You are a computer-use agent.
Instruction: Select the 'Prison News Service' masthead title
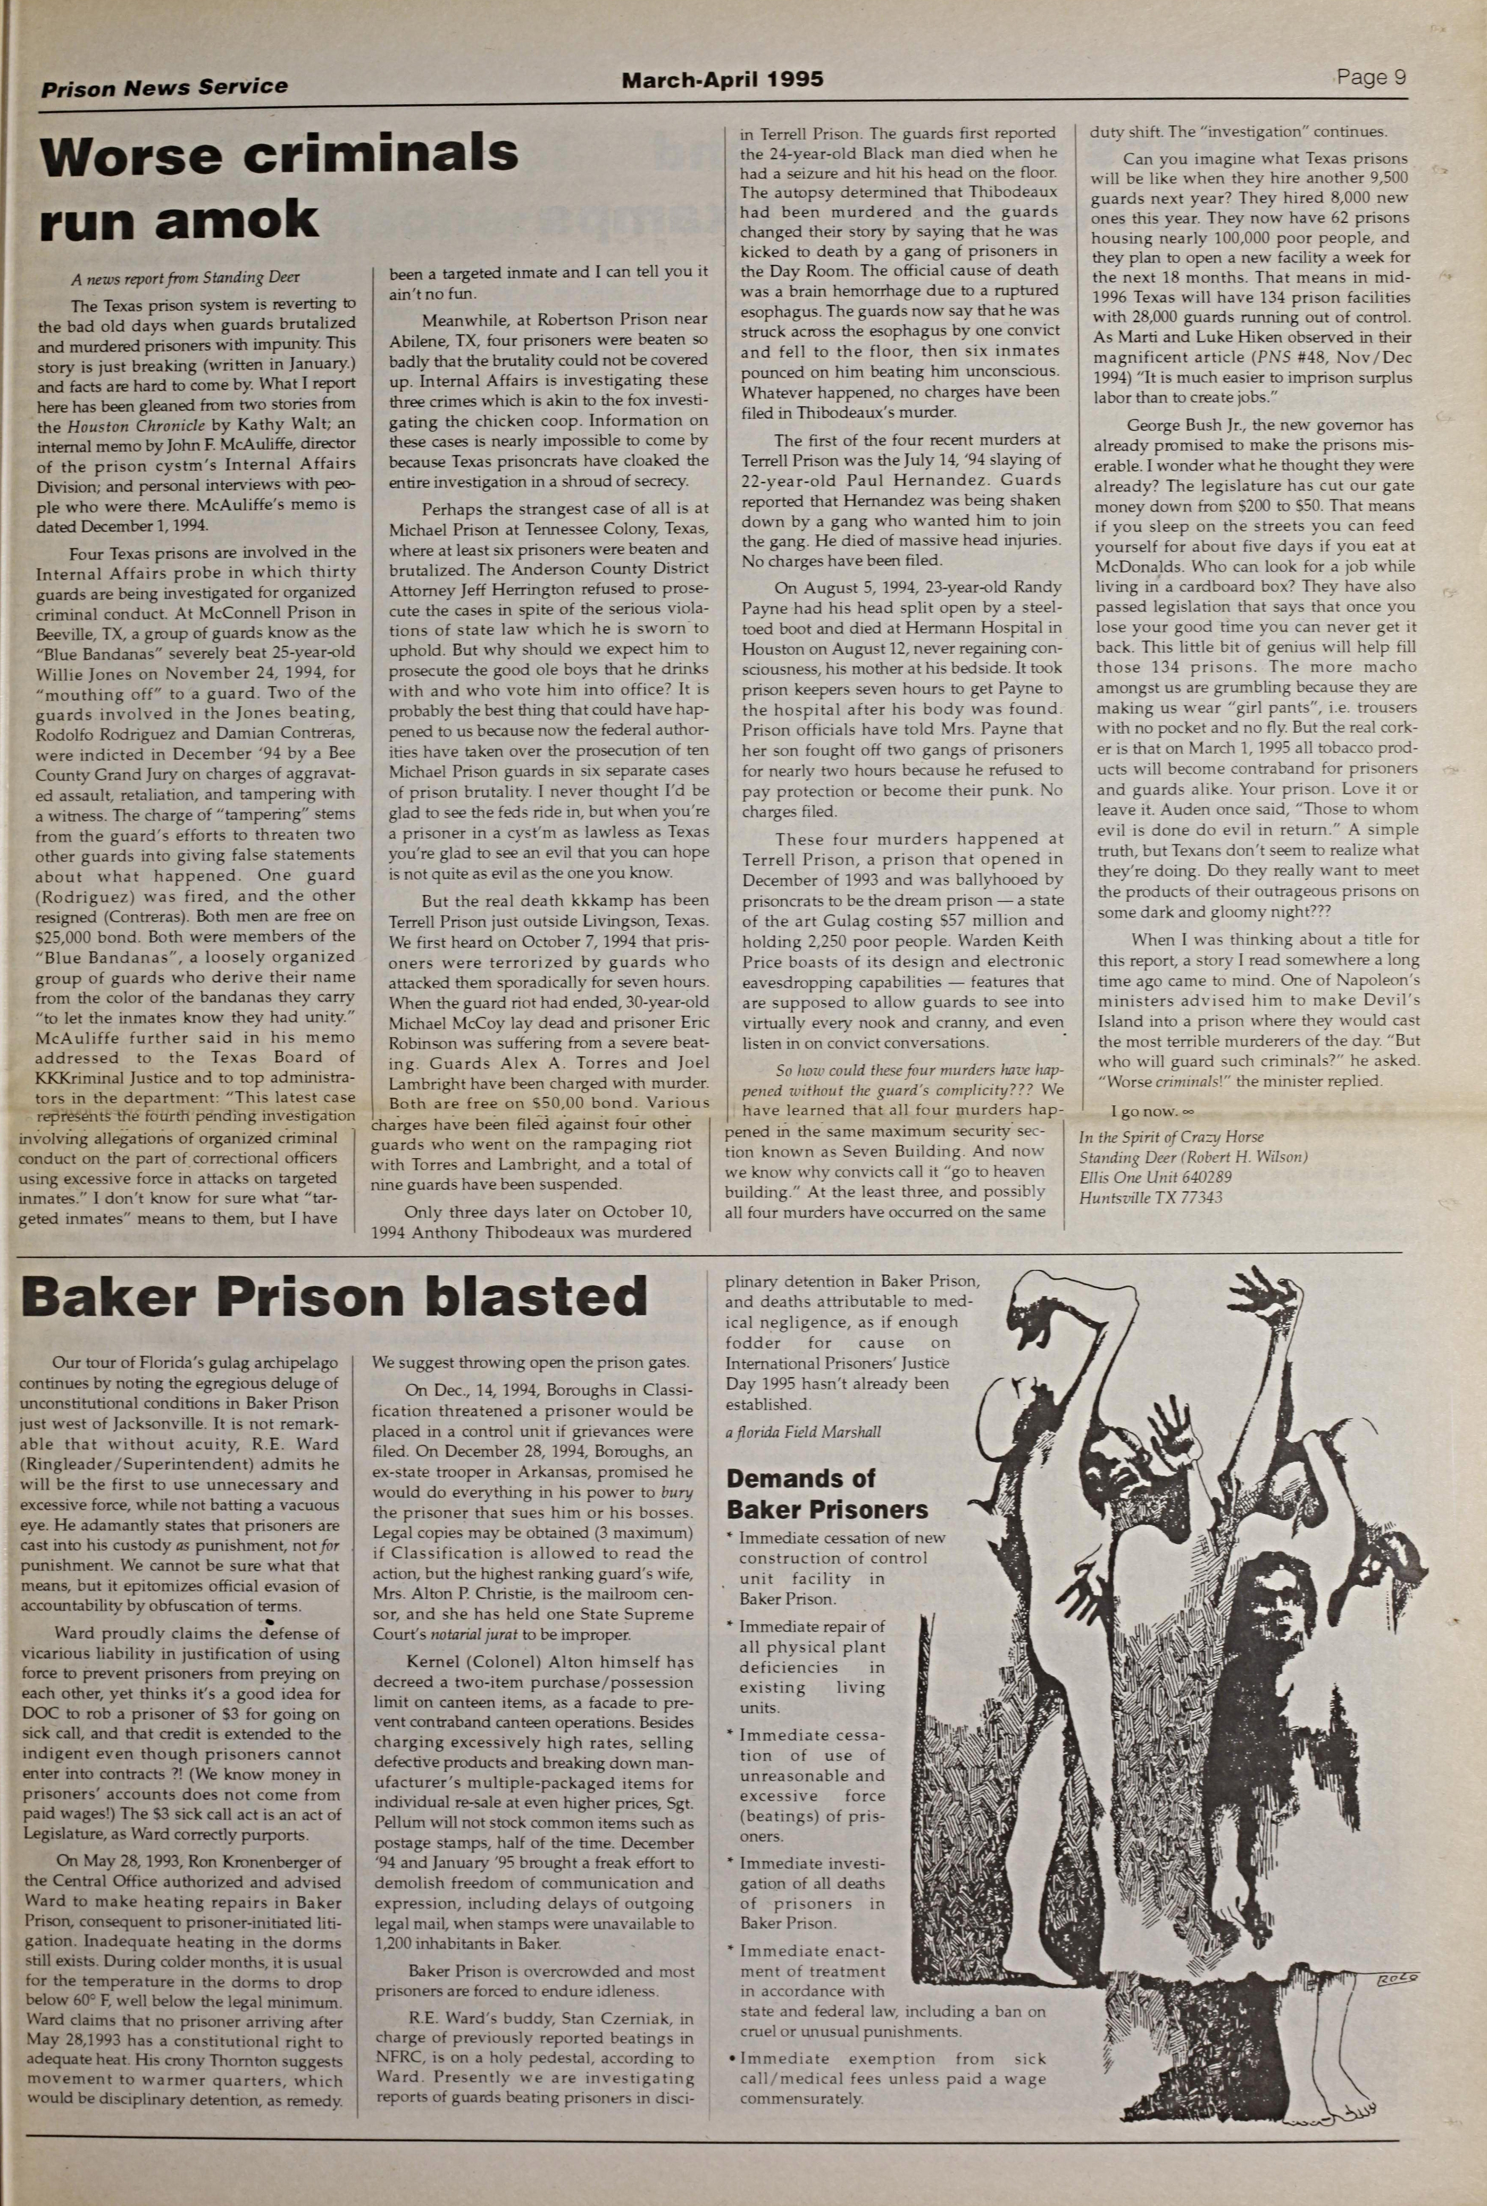pos(164,87)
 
